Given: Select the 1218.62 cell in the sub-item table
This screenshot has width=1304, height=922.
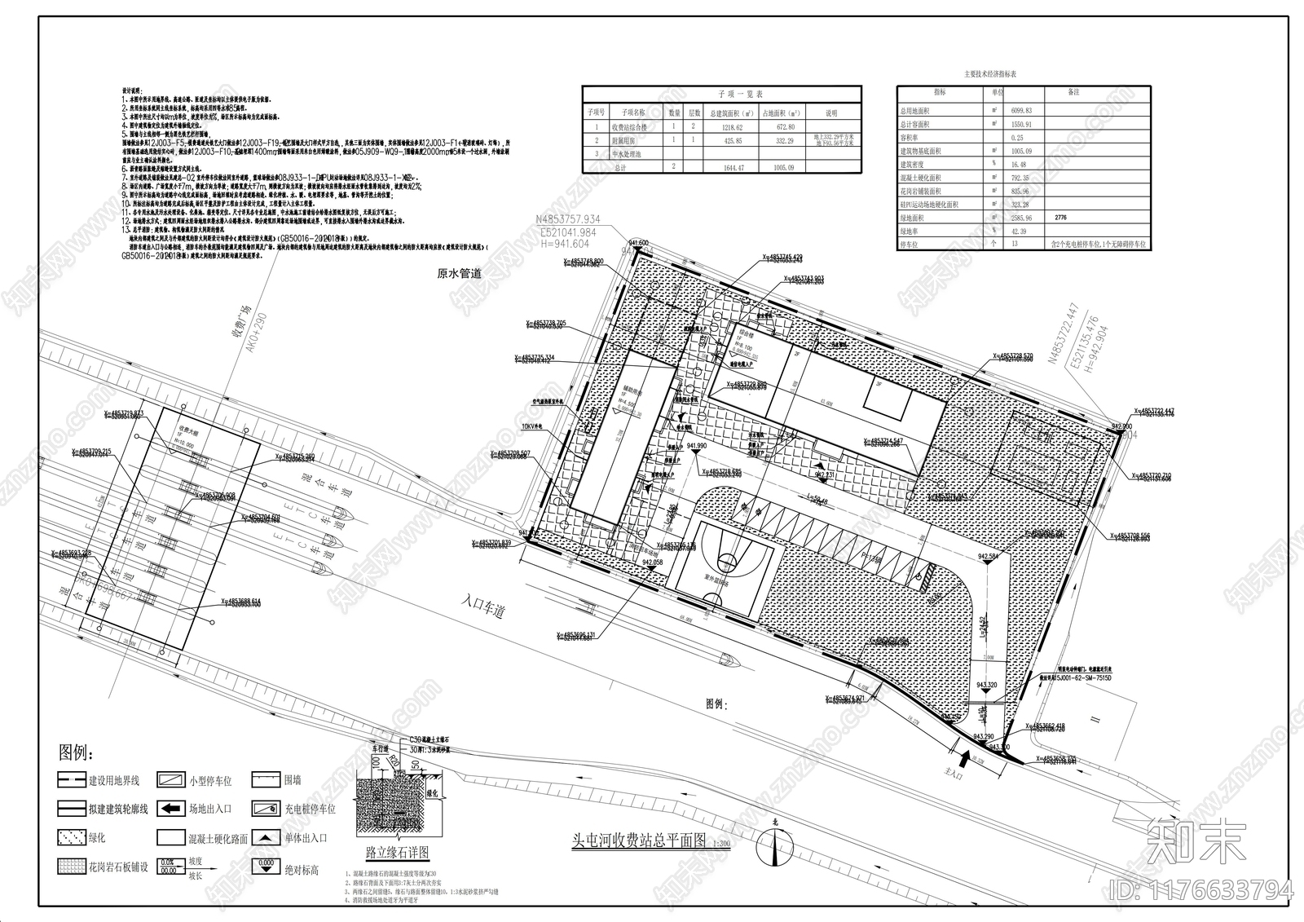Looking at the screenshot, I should tap(727, 128).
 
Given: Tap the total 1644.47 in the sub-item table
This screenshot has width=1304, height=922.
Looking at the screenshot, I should tap(727, 167).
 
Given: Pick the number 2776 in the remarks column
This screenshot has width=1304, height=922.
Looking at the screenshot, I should tap(1059, 218).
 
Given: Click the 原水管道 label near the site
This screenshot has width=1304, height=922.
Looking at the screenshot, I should tap(459, 274).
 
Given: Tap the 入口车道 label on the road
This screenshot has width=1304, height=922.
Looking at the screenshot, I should tap(482, 605).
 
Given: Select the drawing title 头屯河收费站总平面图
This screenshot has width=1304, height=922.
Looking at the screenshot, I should tap(638, 842).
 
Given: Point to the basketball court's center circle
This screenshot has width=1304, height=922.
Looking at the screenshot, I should tap(725, 562).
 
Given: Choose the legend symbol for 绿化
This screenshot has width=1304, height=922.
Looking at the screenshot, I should tap(71, 837).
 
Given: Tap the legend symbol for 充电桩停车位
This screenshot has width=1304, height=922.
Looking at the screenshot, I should tap(266, 810).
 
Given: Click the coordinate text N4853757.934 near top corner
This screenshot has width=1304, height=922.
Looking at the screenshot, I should tap(567, 219).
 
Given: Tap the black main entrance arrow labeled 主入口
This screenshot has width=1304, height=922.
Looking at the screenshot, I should tap(966, 760).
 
